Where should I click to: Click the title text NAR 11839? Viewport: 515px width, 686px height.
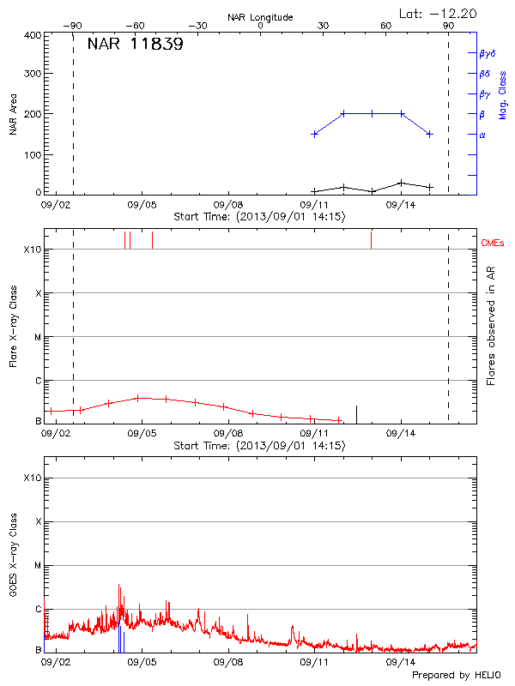point(135,45)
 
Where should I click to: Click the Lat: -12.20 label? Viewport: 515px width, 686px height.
point(439,13)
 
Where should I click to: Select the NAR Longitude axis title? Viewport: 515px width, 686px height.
point(261,17)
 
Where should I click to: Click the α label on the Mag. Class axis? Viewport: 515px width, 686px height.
point(482,135)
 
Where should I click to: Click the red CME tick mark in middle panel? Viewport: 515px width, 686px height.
point(371,239)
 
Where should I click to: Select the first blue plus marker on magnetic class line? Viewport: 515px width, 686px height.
point(315,134)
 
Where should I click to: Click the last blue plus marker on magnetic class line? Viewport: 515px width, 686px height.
point(429,134)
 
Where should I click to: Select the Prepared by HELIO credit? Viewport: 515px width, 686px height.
point(456,676)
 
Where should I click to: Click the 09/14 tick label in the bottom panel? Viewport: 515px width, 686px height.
point(400,662)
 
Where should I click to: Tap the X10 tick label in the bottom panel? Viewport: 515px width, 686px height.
point(33,478)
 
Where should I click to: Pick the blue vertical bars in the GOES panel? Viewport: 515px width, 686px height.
point(120,641)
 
